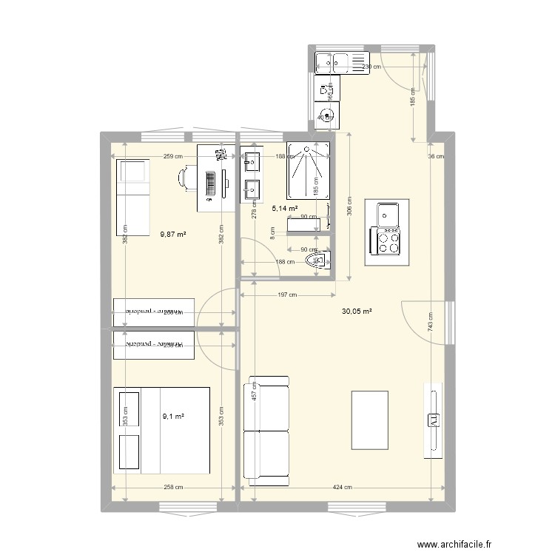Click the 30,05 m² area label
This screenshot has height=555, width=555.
356,312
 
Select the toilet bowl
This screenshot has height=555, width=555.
323,260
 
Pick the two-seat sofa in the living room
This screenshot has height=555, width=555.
266,431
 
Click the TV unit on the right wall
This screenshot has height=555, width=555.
433,420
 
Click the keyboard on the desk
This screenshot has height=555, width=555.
211,181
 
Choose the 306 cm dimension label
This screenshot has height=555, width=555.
350,209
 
